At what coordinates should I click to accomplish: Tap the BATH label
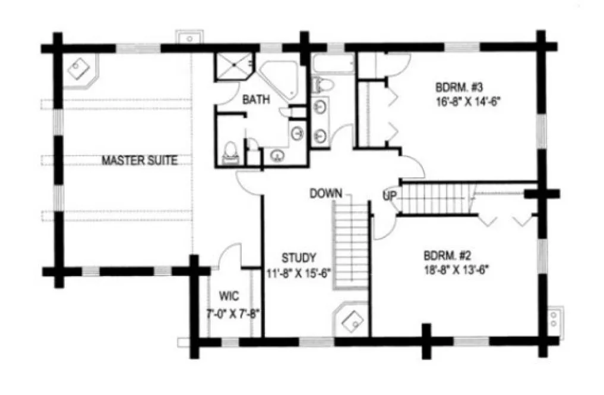(x=256, y=100)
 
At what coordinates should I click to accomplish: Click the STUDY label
(x=299, y=258)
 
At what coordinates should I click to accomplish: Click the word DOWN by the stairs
(x=325, y=193)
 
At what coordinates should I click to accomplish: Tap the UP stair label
(x=390, y=195)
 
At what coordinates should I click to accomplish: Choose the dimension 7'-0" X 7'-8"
(x=232, y=312)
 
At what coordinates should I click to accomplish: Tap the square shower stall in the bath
(x=233, y=67)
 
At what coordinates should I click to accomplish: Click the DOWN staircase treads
(x=351, y=244)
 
